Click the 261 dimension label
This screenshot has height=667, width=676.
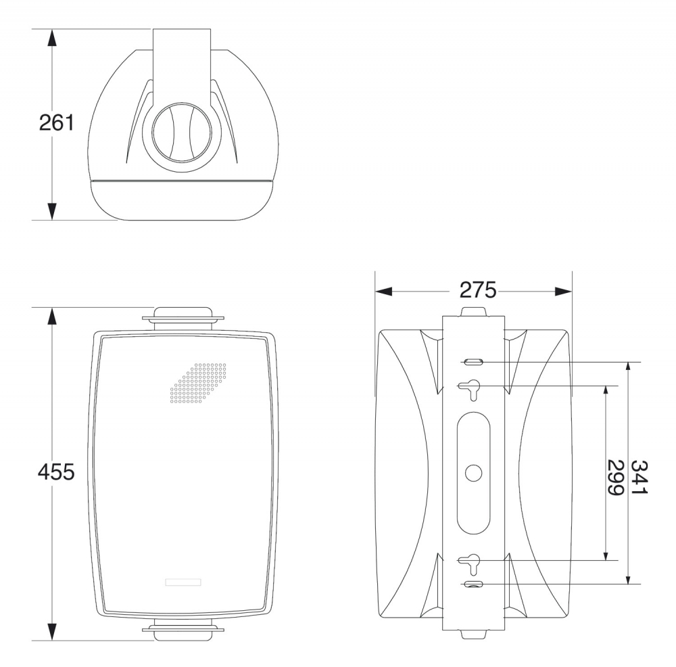[x=57, y=123]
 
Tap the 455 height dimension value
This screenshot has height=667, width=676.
[x=56, y=471]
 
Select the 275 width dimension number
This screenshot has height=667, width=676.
[x=478, y=290]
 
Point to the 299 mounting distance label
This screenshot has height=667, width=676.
[x=616, y=478]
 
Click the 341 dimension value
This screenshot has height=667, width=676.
[x=639, y=477]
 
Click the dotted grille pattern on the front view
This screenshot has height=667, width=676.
[x=198, y=383]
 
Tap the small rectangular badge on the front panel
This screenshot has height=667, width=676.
[x=183, y=582]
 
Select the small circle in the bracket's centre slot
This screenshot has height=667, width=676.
[x=473, y=473]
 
